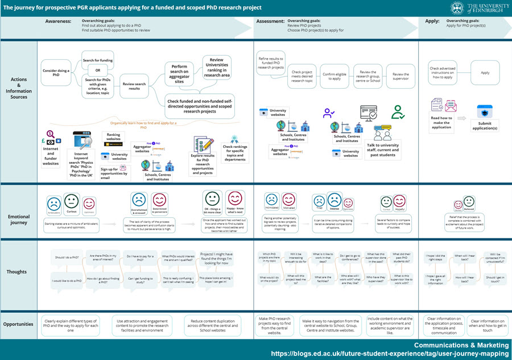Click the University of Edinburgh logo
tap(479, 8)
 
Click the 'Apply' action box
tap(485, 73)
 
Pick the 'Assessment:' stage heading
tap(271, 20)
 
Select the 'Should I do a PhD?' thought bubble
tap(68, 258)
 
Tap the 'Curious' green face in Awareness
tap(71, 201)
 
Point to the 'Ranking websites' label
tap(114, 137)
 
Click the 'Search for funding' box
tap(97, 61)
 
